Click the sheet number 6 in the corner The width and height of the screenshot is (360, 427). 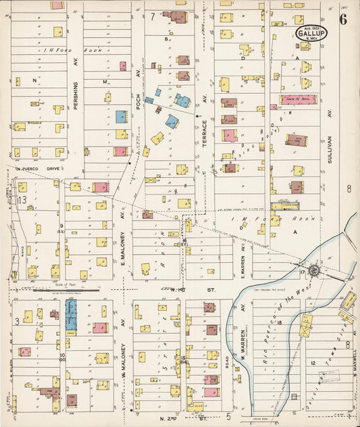[344, 19]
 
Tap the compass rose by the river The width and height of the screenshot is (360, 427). [314, 271]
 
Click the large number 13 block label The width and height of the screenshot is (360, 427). [22, 200]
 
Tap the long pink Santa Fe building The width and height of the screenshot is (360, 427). [297, 99]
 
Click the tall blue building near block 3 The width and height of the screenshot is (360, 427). [71, 316]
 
